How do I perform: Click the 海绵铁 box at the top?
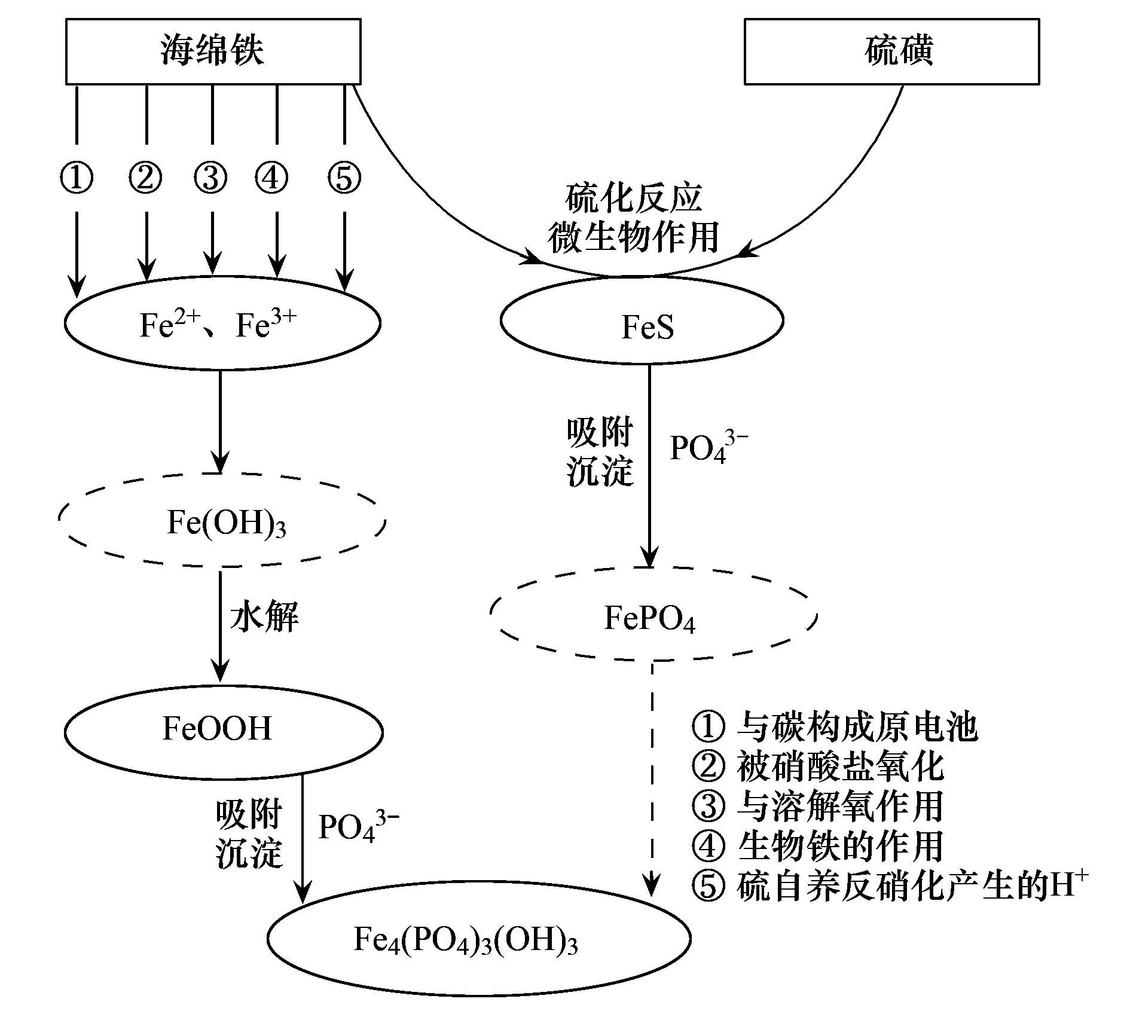click(x=213, y=51)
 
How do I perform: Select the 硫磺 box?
click(x=891, y=51)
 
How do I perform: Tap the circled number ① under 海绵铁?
click(x=77, y=178)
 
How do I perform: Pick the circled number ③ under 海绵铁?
click(x=211, y=178)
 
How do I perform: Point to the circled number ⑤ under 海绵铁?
click(x=344, y=178)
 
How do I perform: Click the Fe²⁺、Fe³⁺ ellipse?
click(x=222, y=323)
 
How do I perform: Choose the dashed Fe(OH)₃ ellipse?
click(x=222, y=521)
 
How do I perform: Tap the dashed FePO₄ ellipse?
click(x=653, y=616)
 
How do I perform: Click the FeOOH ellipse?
click(x=223, y=731)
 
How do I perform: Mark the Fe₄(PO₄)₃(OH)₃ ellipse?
click(x=478, y=939)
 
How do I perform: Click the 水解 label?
click(x=264, y=616)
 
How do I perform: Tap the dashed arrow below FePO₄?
click(x=652, y=777)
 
